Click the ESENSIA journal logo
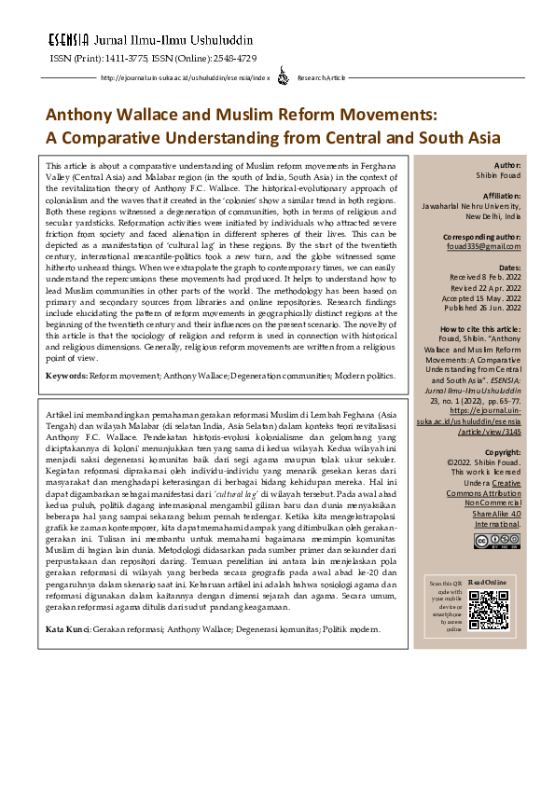(68, 41)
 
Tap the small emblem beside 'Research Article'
(284, 78)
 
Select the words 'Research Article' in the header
(322, 78)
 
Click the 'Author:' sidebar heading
(506, 164)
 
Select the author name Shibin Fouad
(499, 175)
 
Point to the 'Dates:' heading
(508, 267)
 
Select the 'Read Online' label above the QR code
(489, 581)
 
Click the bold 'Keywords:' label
(67, 401)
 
